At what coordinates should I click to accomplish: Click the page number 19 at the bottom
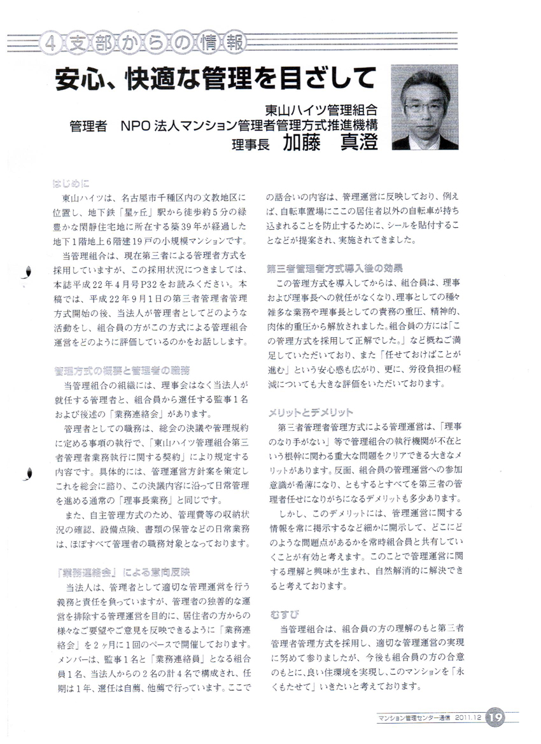coord(496,717)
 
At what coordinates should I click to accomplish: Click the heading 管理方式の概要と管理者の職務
coord(122,370)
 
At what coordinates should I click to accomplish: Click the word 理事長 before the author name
coord(251,144)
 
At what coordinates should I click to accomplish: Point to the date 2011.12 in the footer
coord(468,718)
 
